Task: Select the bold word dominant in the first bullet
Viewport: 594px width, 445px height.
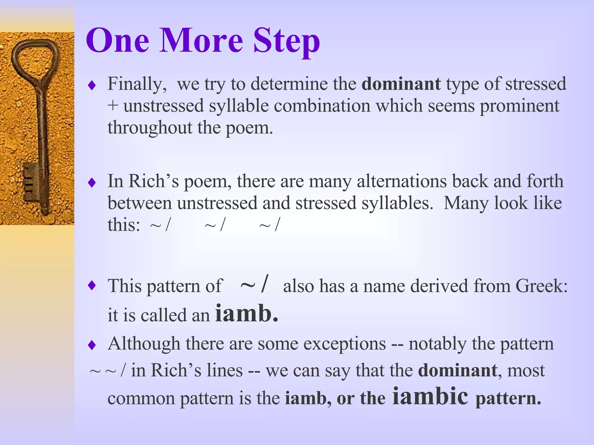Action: (x=401, y=84)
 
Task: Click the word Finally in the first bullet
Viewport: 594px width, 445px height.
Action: (x=137, y=84)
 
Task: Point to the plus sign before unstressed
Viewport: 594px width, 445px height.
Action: (x=113, y=106)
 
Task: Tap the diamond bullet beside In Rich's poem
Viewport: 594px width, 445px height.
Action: (x=92, y=183)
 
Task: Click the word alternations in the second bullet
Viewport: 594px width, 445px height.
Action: (x=402, y=181)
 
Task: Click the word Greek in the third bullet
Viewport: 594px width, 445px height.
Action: (x=541, y=286)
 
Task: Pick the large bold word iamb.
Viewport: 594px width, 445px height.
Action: (x=247, y=313)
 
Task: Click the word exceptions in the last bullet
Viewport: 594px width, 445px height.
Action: (x=345, y=344)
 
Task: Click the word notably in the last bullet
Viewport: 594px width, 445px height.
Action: (x=437, y=344)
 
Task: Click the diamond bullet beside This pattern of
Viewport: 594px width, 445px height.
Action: (x=92, y=286)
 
